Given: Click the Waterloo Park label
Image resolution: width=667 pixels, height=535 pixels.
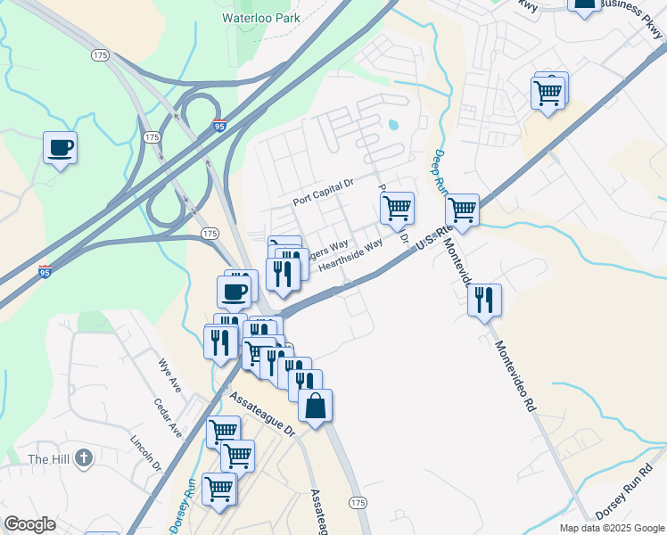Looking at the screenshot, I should (x=260, y=17).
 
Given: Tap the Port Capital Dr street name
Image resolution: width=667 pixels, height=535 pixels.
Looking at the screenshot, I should (x=324, y=195).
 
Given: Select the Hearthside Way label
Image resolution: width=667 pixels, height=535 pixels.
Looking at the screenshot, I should (x=350, y=254).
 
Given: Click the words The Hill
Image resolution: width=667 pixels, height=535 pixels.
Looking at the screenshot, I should (x=48, y=459).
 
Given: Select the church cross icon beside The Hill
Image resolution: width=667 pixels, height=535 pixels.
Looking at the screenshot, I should (x=83, y=459).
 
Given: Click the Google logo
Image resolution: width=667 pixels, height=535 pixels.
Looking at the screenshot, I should (x=29, y=524).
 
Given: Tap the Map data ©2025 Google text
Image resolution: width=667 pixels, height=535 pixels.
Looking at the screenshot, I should (x=612, y=528).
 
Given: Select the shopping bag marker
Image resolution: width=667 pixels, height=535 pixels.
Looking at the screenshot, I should (x=315, y=407).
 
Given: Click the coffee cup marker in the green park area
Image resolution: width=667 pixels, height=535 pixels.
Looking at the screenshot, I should (x=60, y=147).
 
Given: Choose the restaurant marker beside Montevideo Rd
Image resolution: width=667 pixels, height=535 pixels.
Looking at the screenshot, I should (x=483, y=300).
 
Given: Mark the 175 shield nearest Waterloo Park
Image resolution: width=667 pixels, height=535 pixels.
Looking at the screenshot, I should (x=100, y=54).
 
